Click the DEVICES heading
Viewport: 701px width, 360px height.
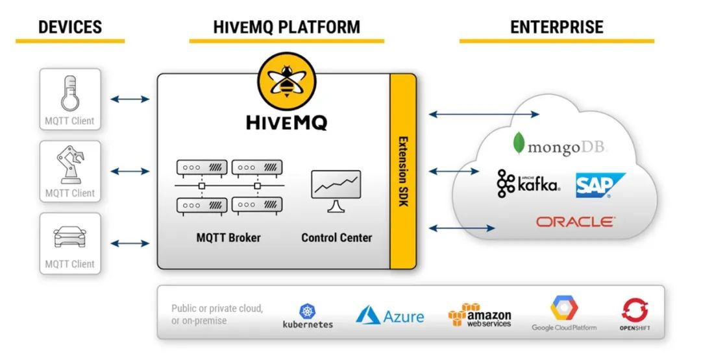click(x=70, y=27)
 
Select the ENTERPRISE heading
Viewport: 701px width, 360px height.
click(x=556, y=27)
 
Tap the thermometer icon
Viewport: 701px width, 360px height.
click(x=69, y=93)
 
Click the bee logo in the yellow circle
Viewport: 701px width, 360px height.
click(x=286, y=83)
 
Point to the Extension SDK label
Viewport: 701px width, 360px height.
click(x=402, y=171)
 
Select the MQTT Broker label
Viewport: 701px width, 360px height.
click(x=228, y=237)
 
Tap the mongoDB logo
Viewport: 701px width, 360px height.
click(x=559, y=145)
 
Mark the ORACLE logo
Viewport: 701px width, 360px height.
click(x=576, y=222)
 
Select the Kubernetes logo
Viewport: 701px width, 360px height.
click(x=308, y=316)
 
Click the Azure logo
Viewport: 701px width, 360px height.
click(x=389, y=316)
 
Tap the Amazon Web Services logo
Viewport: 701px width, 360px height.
click(x=480, y=315)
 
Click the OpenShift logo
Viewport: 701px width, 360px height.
click(x=634, y=315)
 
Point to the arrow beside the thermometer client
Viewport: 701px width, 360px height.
click(x=130, y=99)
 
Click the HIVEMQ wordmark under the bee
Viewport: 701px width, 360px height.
click(x=286, y=122)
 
